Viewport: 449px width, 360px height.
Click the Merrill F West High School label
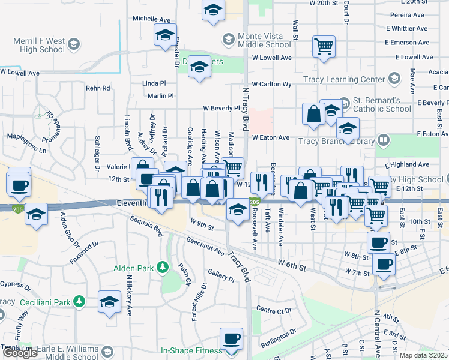(39, 45)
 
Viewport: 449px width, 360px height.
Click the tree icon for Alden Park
(161, 266)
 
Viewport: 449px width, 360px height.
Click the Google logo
(20, 353)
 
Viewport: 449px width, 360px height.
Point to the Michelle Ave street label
(152, 19)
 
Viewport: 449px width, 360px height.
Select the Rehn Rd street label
(98, 88)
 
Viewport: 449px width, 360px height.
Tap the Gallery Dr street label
(221, 274)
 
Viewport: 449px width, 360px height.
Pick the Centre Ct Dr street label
(273, 310)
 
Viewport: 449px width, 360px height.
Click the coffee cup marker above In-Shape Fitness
(231, 338)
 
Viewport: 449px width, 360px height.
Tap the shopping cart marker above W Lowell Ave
(324, 46)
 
